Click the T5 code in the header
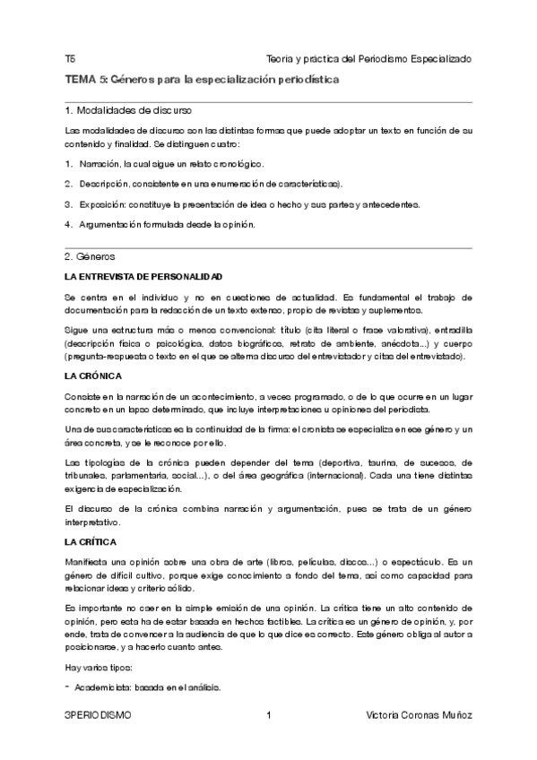tap(70, 58)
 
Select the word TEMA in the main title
tap(82, 80)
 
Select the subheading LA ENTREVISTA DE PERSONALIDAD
tap(143, 276)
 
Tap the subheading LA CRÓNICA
tap(93, 376)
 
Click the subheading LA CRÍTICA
tap(91, 543)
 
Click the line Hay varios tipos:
tap(99, 668)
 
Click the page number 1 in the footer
tap(268, 716)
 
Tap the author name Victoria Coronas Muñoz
tap(420, 716)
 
